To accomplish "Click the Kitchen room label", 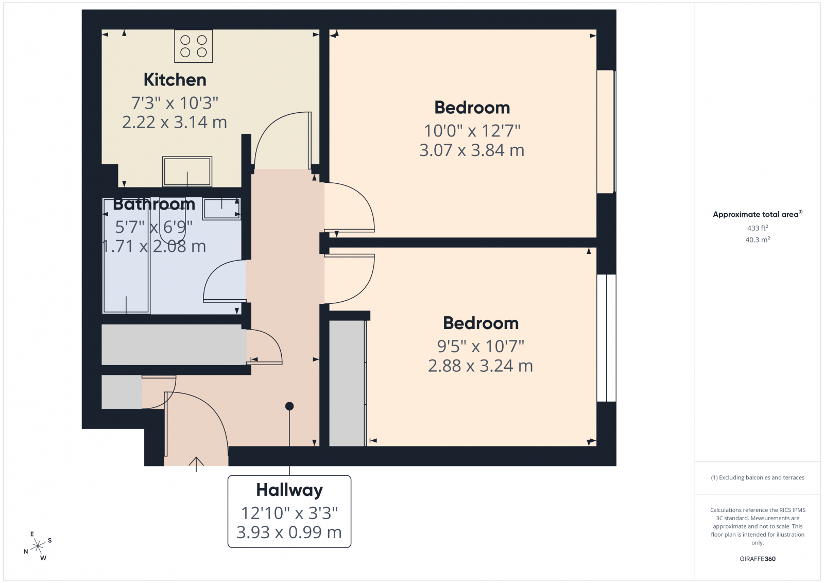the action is (x=175, y=80).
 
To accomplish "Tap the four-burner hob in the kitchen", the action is (x=194, y=46).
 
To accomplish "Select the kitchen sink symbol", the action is (x=187, y=172).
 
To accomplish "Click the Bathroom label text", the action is (x=154, y=204).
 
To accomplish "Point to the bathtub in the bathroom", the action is (x=126, y=255).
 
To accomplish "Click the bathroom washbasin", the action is (x=221, y=209).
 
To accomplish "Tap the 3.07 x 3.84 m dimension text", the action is (x=472, y=150).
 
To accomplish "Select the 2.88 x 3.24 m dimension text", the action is (x=480, y=366).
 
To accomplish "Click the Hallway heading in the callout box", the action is (x=289, y=490).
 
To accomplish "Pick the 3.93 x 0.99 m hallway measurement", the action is (x=289, y=532).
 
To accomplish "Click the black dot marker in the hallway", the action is (x=289, y=406).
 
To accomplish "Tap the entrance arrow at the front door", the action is (x=196, y=464).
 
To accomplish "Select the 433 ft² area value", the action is (x=758, y=228).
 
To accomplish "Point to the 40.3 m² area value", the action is (x=758, y=239).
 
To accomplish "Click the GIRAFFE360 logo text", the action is (x=758, y=559).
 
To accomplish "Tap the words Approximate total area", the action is (x=756, y=214).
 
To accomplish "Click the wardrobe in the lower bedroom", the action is (x=347, y=383).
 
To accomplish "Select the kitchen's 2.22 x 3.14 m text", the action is (x=175, y=122).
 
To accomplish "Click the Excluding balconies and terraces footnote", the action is (x=758, y=477).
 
